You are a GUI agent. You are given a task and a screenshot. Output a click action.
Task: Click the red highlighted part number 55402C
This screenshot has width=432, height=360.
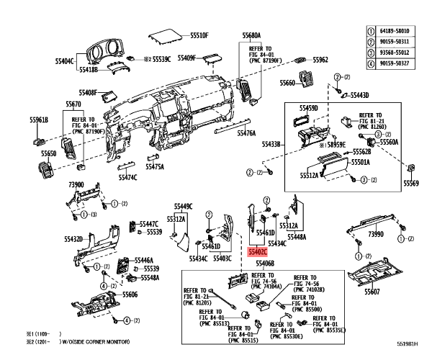[256, 253]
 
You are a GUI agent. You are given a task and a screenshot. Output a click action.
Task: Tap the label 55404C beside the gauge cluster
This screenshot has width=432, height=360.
[65, 61]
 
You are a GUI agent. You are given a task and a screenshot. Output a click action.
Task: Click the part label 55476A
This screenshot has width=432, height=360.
[246, 133]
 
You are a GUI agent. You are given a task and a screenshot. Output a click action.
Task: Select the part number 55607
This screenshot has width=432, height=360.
[372, 292]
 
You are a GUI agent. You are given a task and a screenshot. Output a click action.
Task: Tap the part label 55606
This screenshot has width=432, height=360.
[130, 294]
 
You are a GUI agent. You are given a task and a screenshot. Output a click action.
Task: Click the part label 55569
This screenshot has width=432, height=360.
[410, 184]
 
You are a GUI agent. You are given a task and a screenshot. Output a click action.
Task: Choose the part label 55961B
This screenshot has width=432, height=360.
[39, 120]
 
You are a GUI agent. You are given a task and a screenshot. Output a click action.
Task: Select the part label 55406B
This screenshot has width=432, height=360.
[265, 264]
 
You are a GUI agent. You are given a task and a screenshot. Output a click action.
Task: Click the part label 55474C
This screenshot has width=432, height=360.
[127, 177]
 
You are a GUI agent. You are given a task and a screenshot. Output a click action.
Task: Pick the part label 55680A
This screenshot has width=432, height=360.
[251, 35]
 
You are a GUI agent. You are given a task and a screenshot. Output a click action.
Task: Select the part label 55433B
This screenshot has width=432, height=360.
[271, 145]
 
